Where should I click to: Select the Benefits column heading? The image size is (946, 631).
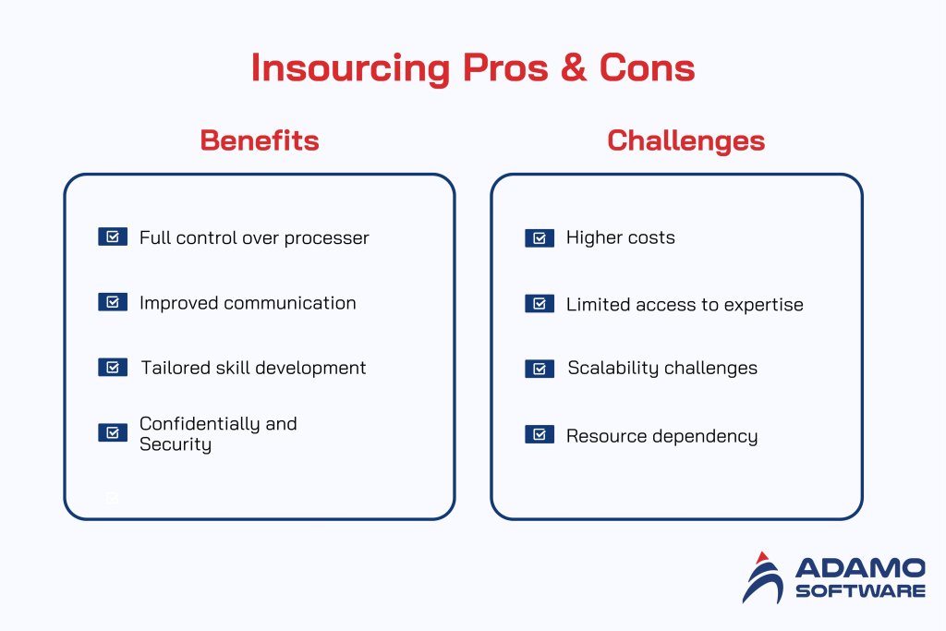click(260, 140)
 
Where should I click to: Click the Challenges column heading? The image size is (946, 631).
click(685, 140)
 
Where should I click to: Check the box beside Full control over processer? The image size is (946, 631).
click(113, 237)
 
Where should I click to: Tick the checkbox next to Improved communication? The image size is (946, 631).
click(113, 302)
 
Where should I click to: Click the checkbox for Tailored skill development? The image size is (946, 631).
click(113, 368)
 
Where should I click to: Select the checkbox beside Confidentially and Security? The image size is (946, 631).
click(113, 432)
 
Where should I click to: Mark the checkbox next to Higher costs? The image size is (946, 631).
click(540, 238)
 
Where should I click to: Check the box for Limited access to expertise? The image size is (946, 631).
click(540, 304)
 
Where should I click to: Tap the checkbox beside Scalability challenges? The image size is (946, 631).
click(540, 369)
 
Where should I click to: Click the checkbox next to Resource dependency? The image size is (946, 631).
click(540, 434)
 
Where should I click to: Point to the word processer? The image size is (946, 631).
click(326, 238)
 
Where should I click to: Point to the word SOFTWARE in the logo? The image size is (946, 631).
click(858, 590)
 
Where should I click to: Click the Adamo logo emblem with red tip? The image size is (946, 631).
click(763, 577)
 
